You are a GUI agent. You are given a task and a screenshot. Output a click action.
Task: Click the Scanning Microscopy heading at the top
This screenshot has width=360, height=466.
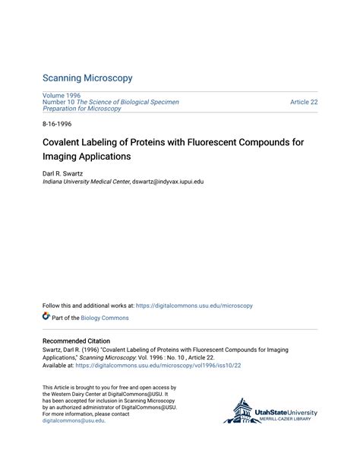click(x=87, y=78)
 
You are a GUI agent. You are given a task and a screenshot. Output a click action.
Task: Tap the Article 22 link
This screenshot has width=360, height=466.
click(x=304, y=102)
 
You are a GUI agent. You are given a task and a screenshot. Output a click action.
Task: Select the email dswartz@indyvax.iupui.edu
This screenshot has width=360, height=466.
click(x=168, y=182)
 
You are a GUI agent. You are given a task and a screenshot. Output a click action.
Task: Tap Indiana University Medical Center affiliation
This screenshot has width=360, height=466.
click(x=86, y=182)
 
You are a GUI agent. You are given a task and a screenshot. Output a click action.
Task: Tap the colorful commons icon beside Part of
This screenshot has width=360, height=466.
click(x=46, y=317)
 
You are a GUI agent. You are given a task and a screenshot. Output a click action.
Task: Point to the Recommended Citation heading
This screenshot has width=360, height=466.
click(x=76, y=341)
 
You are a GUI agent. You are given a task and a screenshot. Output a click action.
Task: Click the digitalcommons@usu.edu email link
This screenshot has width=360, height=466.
click(x=73, y=420)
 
